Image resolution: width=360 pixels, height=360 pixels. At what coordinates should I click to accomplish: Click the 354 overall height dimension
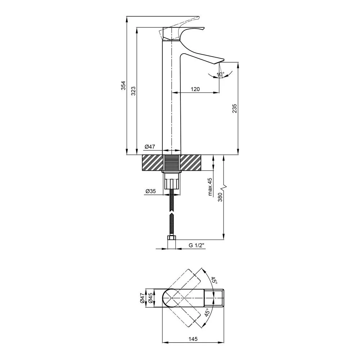coord(123,85)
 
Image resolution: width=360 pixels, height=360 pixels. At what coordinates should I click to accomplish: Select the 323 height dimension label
coord(134,91)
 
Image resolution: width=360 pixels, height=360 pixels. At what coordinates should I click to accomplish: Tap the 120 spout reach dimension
coord(195,89)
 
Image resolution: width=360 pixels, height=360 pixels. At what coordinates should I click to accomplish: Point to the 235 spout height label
coord(234,108)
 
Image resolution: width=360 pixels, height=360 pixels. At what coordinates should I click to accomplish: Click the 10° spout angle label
coord(220,75)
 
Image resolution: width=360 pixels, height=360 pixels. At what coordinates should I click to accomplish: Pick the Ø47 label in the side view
coord(150,147)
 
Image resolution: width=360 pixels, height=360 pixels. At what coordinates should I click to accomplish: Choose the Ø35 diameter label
coord(150,191)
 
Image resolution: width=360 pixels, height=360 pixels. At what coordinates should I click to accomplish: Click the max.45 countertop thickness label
coord(210,187)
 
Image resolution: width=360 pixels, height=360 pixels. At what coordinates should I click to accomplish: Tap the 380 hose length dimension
coord(220,197)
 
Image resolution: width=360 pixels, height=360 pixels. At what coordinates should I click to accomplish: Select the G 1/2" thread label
coord(196,246)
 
